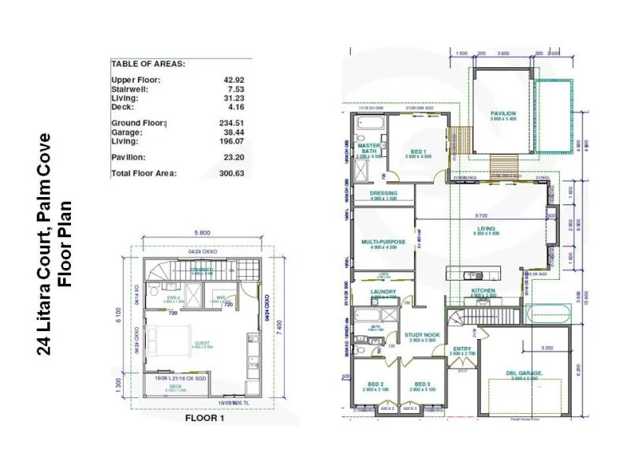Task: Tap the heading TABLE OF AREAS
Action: point(147,63)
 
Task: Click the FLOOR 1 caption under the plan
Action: point(204,419)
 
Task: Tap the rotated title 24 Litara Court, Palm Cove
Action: point(45,244)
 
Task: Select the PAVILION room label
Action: point(502,114)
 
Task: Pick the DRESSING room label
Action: point(383,193)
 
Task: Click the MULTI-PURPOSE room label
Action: point(383,242)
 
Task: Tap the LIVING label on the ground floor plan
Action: point(486,229)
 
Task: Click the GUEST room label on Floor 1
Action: point(203,344)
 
